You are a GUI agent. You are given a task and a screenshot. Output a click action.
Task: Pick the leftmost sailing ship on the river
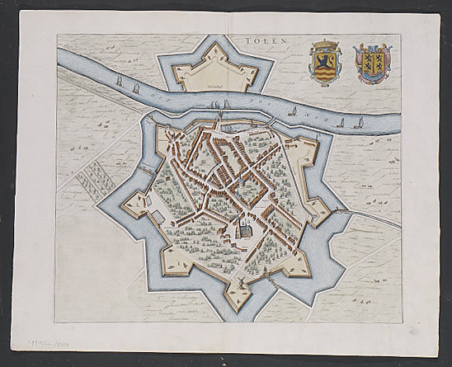pyautogui.click(x=120, y=82)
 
